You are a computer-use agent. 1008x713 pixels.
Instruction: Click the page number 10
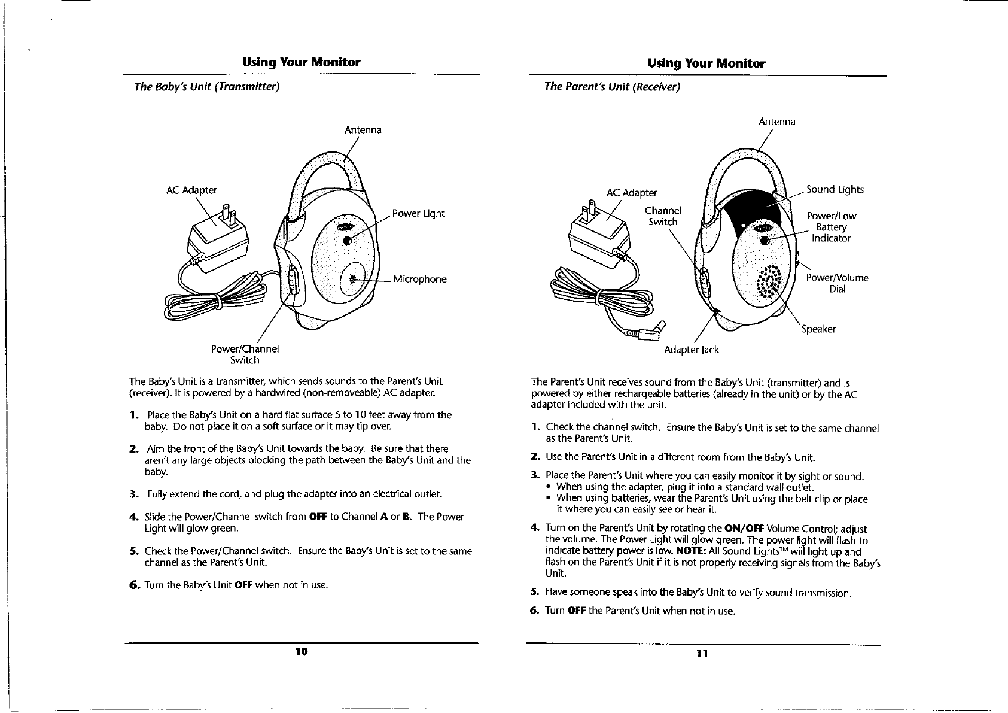(301, 651)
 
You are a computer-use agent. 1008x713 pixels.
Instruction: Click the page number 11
(702, 653)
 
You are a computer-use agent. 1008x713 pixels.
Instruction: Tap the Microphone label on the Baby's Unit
(419, 280)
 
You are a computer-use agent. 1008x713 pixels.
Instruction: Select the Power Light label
(418, 214)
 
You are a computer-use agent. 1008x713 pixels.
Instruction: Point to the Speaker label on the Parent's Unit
(818, 329)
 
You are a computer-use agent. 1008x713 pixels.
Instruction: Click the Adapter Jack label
(692, 350)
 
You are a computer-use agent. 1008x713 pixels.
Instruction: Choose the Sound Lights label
(835, 190)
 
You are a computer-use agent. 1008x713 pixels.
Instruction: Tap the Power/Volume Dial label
(837, 283)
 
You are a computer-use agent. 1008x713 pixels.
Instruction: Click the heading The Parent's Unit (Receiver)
(612, 87)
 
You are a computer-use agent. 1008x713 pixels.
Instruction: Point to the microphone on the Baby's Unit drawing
(353, 278)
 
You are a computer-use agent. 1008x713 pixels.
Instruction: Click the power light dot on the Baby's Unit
(348, 239)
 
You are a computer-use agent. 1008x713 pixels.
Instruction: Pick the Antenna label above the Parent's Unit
(776, 122)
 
